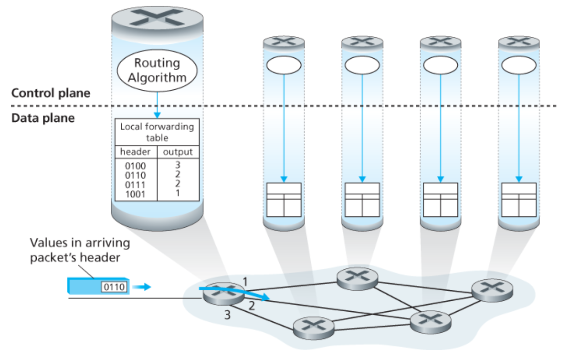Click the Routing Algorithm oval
point(157,70)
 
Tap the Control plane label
point(51,93)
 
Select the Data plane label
point(43,117)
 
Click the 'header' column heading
point(135,152)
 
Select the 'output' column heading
point(178,152)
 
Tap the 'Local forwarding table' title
point(157,131)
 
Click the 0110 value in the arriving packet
point(113,287)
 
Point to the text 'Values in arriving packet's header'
point(80,249)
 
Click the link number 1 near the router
point(245,282)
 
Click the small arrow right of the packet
point(142,287)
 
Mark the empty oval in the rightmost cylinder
point(518,65)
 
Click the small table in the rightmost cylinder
point(518,199)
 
